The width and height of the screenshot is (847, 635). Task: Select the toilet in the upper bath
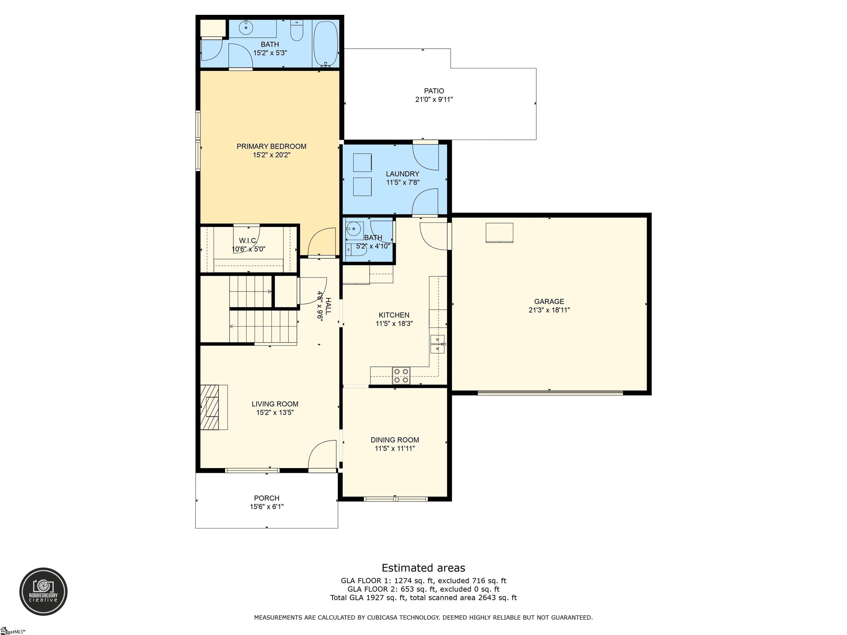click(297, 31)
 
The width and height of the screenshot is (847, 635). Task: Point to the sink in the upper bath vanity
click(245, 28)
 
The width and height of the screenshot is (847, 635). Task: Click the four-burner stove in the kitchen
click(401, 375)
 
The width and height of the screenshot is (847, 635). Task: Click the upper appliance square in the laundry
click(362, 162)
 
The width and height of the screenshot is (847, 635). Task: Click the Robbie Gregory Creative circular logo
click(43, 591)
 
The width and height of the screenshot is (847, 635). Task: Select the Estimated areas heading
click(423, 568)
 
